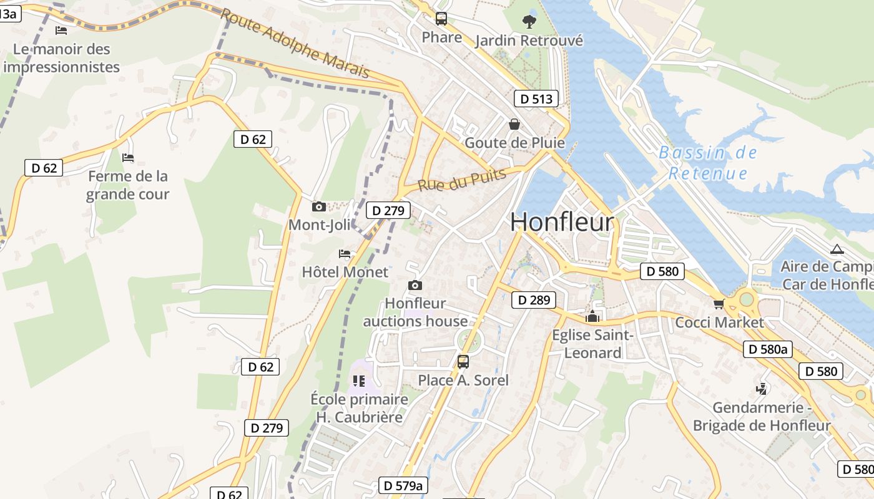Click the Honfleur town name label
[562, 222]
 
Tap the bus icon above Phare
[441, 19]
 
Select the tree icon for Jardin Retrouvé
[529, 22]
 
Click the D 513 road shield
[536, 99]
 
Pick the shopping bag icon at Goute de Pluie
[514, 124]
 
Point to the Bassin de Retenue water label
[707, 163]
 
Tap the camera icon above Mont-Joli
[318, 206]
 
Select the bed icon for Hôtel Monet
[345, 254]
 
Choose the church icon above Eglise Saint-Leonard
[592, 317]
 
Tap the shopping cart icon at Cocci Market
[719, 304]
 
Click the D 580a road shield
[767, 349]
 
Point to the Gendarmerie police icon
[761, 389]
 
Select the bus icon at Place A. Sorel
[463, 362]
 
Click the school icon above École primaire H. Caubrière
[358, 380]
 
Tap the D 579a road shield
[403, 485]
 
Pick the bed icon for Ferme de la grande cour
[128, 158]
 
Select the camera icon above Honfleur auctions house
[415, 286]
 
